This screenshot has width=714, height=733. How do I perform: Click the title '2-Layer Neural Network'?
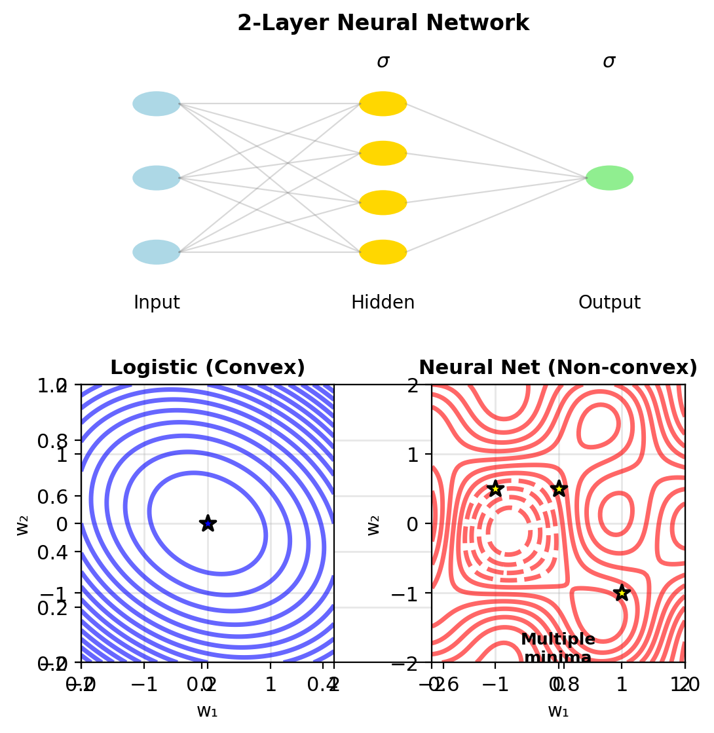(x=383, y=24)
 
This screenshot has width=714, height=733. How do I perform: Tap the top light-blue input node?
(x=157, y=103)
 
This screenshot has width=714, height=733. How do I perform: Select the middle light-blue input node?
(x=157, y=178)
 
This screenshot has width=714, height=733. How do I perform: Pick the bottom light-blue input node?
(x=157, y=252)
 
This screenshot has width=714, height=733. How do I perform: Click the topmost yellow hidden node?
(x=383, y=103)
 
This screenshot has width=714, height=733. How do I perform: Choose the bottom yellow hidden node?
(x=383, y=252)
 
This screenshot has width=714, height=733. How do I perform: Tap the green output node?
(x=609, y=178)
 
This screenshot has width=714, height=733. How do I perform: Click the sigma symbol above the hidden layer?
(x=383, y=62)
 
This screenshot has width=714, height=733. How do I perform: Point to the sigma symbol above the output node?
(x=609, y=62)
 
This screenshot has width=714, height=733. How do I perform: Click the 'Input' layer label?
(x=157, y=303)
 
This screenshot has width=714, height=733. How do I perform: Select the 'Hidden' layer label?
(x=383, y=303)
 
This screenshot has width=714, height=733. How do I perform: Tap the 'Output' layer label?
(x=609, y=303)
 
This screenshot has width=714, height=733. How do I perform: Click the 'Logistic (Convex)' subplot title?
(x=208, y=368)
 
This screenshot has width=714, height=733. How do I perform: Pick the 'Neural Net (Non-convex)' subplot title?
(x=558, y=368)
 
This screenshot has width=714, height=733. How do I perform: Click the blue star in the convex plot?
(x=208, y=523)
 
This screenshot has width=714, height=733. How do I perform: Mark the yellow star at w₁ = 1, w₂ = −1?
(x=622, y=593)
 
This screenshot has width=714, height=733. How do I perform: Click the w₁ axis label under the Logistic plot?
(x=207, y=711)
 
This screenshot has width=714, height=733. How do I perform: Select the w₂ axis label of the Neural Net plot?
(x=374, y=523)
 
